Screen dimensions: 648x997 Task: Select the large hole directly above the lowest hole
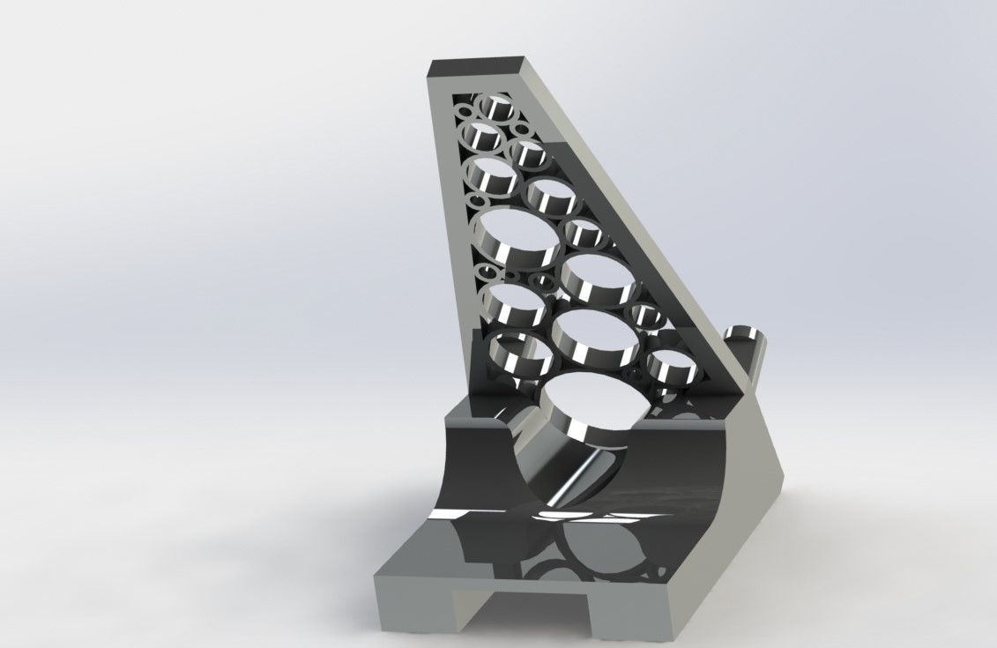(596, 335)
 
